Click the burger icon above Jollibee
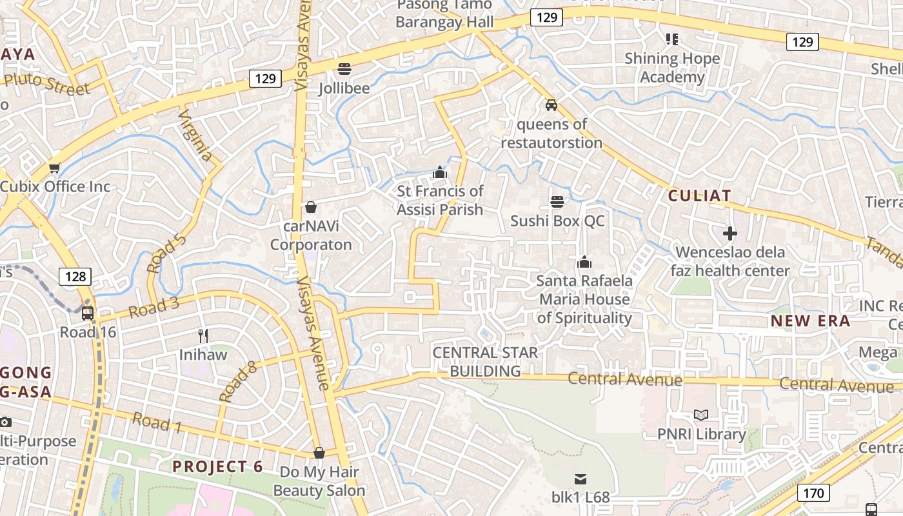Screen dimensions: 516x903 [x=344, y=68]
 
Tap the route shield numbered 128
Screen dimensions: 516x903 [x=75, y=277]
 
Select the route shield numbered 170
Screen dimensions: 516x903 [x=814, y=493]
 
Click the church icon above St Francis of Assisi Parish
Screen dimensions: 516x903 [x=440, y=172]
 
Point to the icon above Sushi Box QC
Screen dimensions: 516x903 [x=557, y=202]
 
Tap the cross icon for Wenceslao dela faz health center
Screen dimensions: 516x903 [x=730, y=233]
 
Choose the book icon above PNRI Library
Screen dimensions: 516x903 [x=701, y=415]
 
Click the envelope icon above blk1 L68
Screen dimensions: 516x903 [x=580, y=479]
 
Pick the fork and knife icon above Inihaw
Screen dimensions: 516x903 [x=203, y=335]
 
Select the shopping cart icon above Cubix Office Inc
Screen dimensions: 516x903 [x=54, y=168]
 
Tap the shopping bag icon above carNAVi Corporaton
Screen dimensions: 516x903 [x=311, y=207]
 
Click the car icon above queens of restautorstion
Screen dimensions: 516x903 [x=551, y=104]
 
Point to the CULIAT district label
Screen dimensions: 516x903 [x=699, y=196]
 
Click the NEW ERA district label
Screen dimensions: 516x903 [x=810, y=321]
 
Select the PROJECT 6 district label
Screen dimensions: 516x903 [x=218, y=466]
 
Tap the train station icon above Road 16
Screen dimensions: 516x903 [x=88, y=313]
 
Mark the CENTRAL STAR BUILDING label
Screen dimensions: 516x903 [x=486, y=362]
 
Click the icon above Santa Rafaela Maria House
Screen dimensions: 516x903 [x=584, y=262]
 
